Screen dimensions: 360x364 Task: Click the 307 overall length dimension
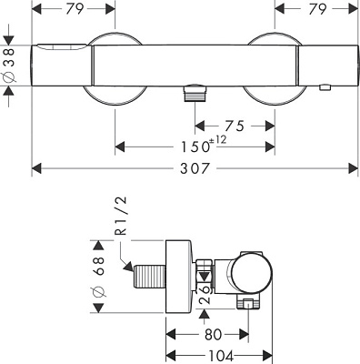tap(195, 168)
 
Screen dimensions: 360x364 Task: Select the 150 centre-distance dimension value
tap(195, 147)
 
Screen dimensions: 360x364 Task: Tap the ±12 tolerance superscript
tap(218, 140)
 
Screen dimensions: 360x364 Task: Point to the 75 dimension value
tap(235, 126)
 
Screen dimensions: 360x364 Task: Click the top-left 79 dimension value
tap(75, 9)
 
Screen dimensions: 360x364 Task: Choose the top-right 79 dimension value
tap(317, 9)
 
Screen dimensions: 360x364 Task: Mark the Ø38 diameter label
tap(9, 66)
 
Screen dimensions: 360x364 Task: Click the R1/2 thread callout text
tap(122, 216)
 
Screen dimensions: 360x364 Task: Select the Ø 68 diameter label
tap(99, 277)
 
